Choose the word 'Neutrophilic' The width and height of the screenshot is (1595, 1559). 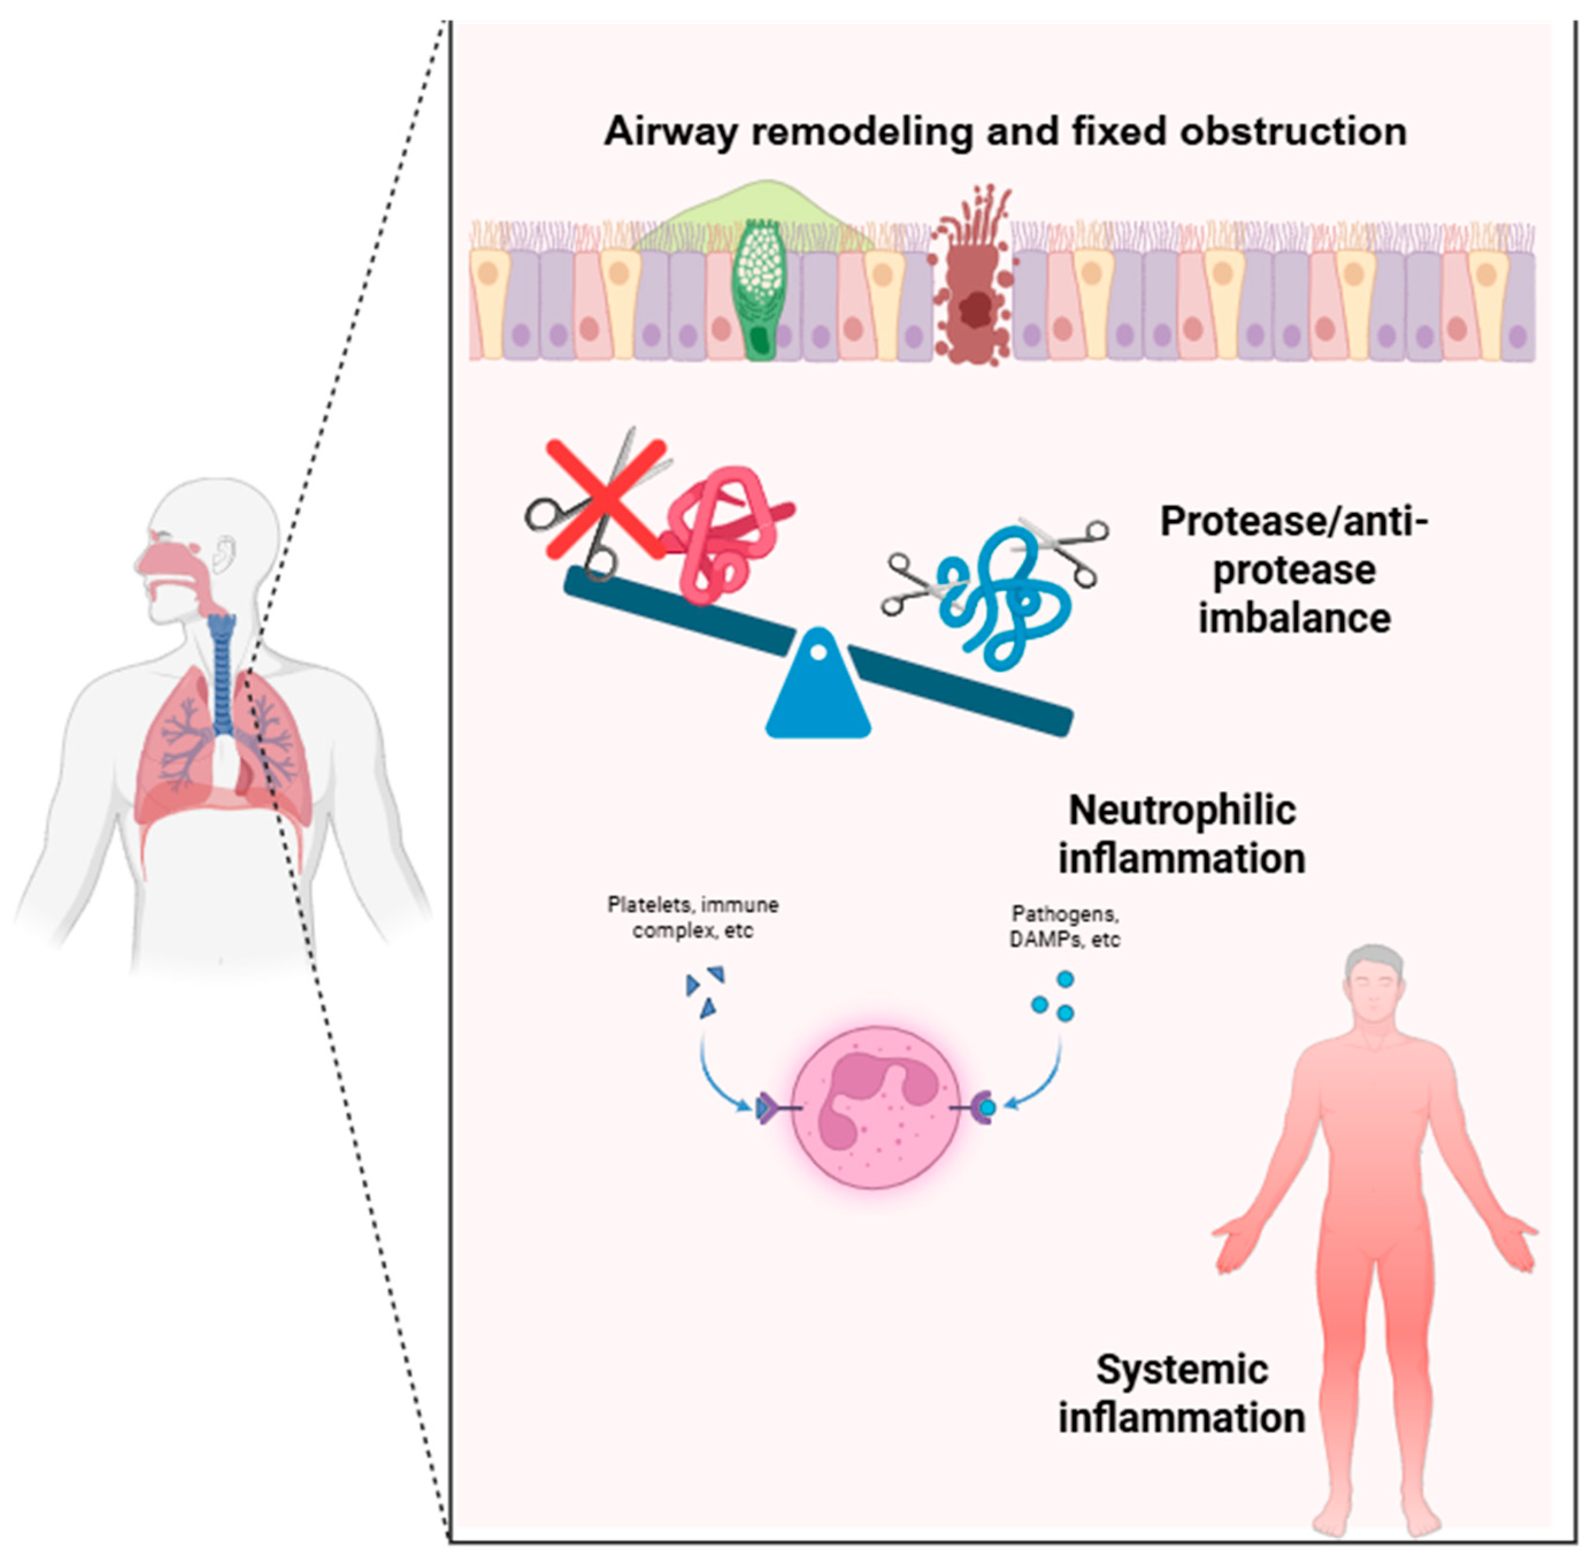point(1182,811)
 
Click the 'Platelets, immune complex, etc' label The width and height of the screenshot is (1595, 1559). point(693,917)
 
